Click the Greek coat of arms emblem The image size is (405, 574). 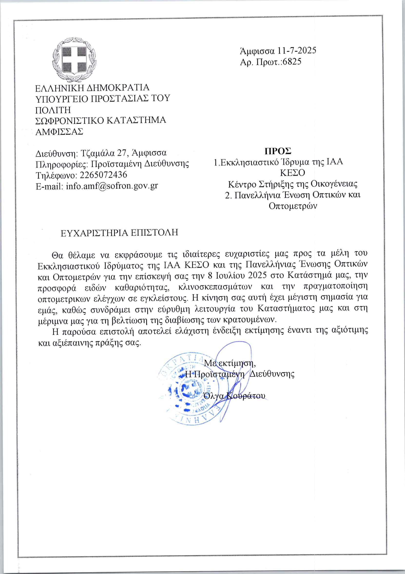pyautogui.click(x=74, y=60)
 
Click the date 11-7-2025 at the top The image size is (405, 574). pyautogui.click(x=297, y=51)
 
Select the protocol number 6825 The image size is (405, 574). pyautogui.click(x=292, y=62)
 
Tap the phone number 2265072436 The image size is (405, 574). pyautogui.click(x=103, y=175)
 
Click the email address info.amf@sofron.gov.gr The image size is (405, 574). pyautogui.click(x=112, y=186)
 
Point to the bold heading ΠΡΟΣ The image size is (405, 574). pyautogui.click(x=278, y=151)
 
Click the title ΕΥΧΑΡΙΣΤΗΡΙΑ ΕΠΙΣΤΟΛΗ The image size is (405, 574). pyautogui.click(x=119, y=233)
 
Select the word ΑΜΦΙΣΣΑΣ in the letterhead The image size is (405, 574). pyautogui.click(x=59, y=132)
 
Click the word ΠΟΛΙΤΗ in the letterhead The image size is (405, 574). pyautogui.click(x=53, y=110)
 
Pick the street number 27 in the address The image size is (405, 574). pyautogui.click(x=122, y=153)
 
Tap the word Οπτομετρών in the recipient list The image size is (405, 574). pyautogui.click(x=293, y=206)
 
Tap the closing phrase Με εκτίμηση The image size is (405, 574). pyautogui.click(x=230, y=363)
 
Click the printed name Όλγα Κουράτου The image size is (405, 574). pyautogui.click(x=234, y=396)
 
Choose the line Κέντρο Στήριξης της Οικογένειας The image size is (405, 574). pyautogui.click(x=293, y=184)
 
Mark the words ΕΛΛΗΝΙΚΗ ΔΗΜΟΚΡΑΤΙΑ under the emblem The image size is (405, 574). pyautogui.click(x=92, y=88)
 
